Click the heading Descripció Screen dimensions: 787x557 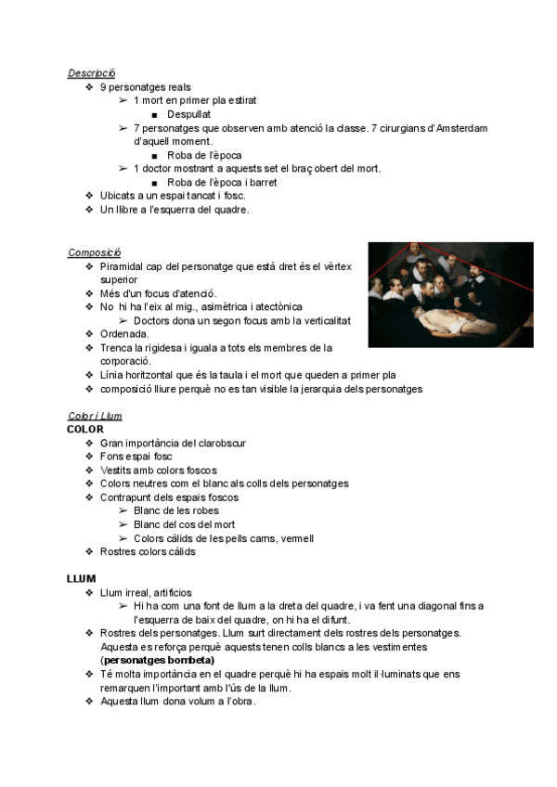(91, 73)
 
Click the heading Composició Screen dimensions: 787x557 (93, 252)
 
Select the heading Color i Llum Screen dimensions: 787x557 (95, 416)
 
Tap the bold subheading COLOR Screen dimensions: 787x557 (85, 429)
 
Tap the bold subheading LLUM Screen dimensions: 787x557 (82, 578)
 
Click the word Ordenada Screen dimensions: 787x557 (124, 334)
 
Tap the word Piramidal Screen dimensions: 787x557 (123, 266)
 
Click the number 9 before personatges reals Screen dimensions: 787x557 (103, 87)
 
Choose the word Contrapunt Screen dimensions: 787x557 (128, 497)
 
